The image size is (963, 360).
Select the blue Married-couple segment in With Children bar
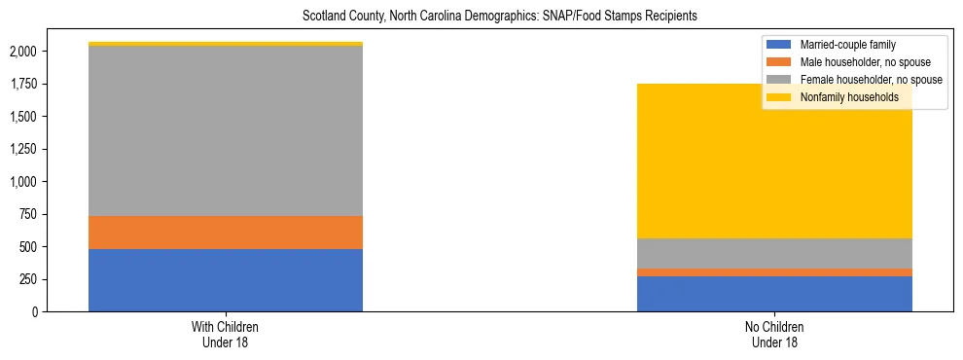(x=226, y=280)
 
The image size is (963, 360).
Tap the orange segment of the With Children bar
(x=226, y=233)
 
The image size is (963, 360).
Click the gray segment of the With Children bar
(x=226, y=131)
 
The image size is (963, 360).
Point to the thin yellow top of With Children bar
(x=226, y=44)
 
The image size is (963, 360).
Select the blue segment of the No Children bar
(x=774, y=294)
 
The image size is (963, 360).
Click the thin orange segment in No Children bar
(x=774, y=272)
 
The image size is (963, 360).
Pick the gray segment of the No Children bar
(x=774, y=253)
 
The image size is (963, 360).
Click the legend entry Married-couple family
(x=847, y=45)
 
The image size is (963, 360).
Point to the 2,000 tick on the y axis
(x=23, y=52)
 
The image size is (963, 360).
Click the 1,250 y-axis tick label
(x=23, y=149)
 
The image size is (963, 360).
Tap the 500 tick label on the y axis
(x=29, y=247)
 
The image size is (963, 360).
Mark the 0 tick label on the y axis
(x=37, y=312)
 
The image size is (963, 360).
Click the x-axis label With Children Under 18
(x=226, y=335)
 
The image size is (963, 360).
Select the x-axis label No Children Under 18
(x=774, y=335)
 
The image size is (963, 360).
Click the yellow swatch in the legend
(x=779, y=97)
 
